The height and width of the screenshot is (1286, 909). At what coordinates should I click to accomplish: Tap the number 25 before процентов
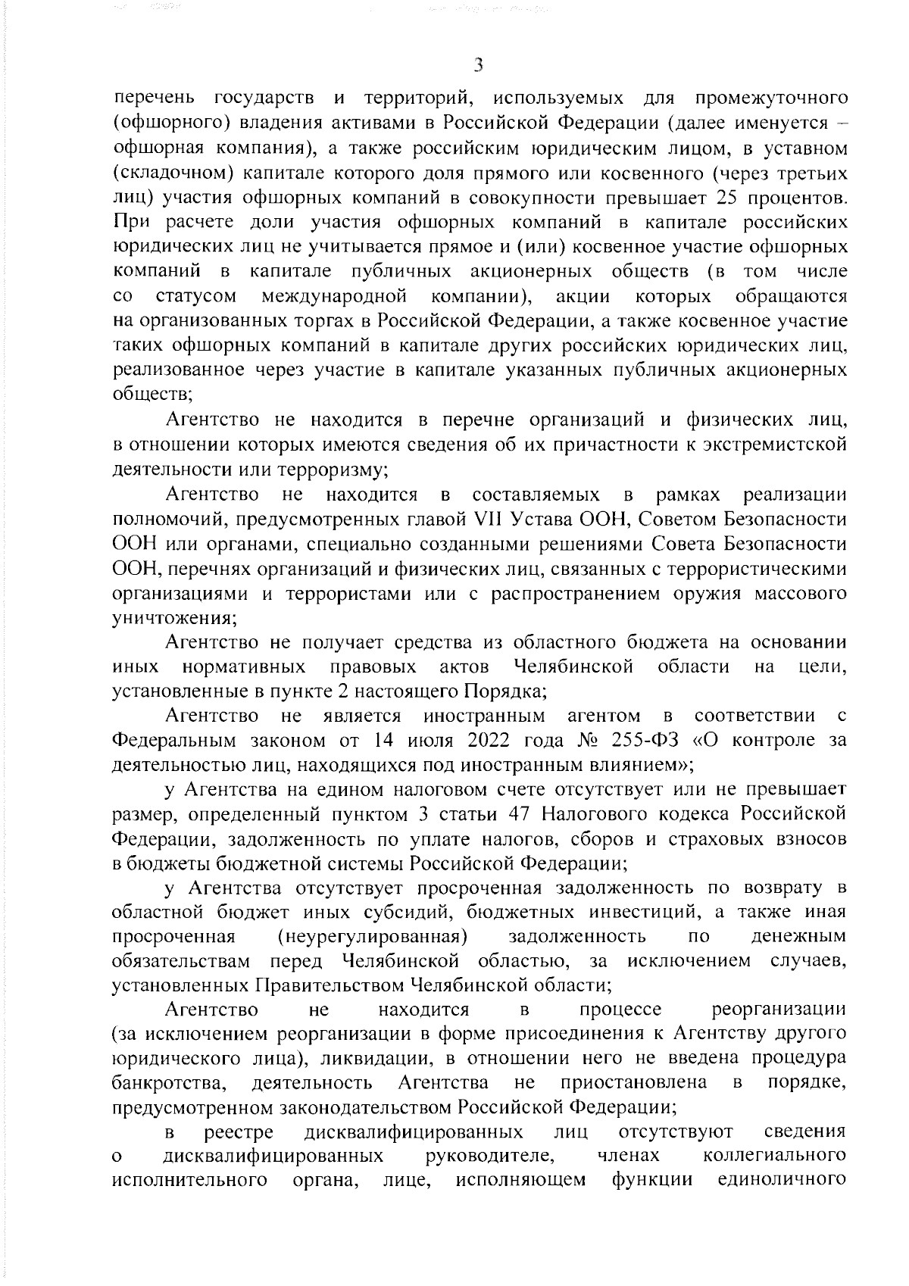731,178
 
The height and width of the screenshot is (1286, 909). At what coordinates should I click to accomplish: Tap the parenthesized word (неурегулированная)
372,936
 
